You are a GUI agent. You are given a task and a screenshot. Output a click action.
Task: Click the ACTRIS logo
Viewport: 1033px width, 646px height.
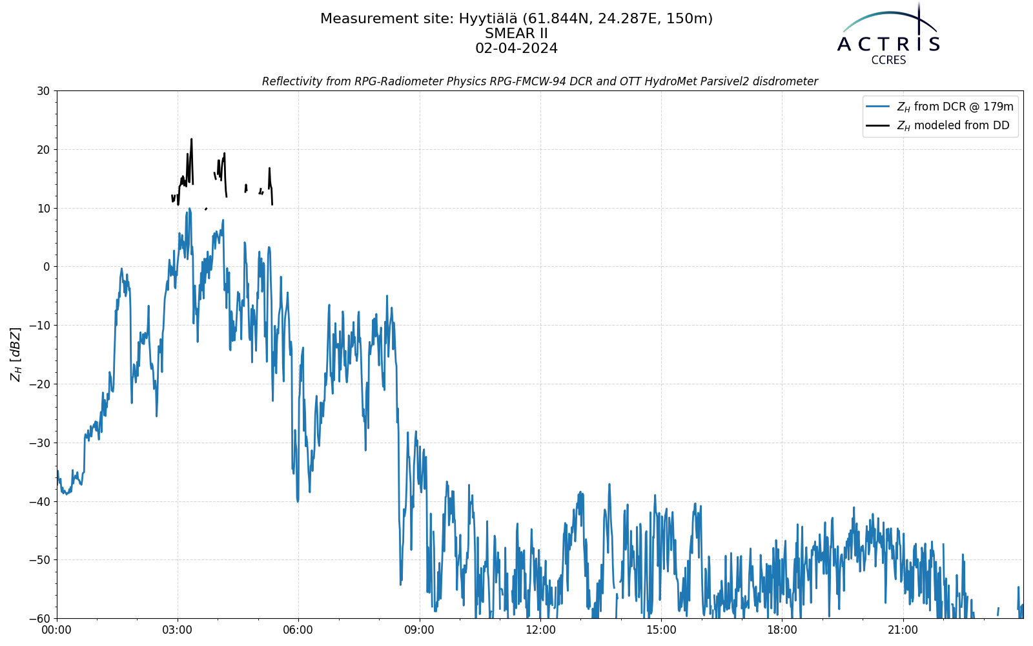[888, 33]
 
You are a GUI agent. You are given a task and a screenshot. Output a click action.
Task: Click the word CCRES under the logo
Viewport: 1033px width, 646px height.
[888, 61]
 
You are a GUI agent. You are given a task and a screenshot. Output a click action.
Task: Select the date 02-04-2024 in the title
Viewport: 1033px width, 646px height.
[516, 48]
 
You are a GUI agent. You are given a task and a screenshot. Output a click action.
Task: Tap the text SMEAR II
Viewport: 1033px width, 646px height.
[516, 34]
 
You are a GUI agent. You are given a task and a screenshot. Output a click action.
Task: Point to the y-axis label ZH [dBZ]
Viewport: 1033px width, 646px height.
[15, 355]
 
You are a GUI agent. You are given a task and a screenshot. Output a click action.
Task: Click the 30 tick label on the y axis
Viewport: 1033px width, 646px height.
[43, 91]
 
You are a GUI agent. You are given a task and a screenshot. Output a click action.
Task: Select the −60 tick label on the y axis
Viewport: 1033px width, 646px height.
[39, 619]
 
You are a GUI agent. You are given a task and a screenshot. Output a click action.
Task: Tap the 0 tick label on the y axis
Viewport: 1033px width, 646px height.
[46, 267]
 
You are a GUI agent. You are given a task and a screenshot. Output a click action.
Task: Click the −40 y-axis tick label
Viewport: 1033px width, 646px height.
[39, 501]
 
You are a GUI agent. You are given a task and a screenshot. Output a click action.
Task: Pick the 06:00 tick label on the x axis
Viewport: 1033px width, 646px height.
[298, 630]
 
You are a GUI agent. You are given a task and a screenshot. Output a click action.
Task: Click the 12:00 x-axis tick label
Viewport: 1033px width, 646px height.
[540, 630]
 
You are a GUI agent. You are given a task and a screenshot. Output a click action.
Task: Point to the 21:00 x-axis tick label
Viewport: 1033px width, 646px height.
[903, 630]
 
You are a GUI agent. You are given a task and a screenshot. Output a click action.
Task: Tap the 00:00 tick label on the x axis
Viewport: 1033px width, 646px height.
[57, 630]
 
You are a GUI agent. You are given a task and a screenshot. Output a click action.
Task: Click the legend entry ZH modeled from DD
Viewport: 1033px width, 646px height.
[953, 125]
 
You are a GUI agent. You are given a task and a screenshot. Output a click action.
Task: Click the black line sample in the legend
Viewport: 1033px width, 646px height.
[877, 125]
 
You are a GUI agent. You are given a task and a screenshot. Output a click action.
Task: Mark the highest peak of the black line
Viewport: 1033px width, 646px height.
[191, 139]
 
